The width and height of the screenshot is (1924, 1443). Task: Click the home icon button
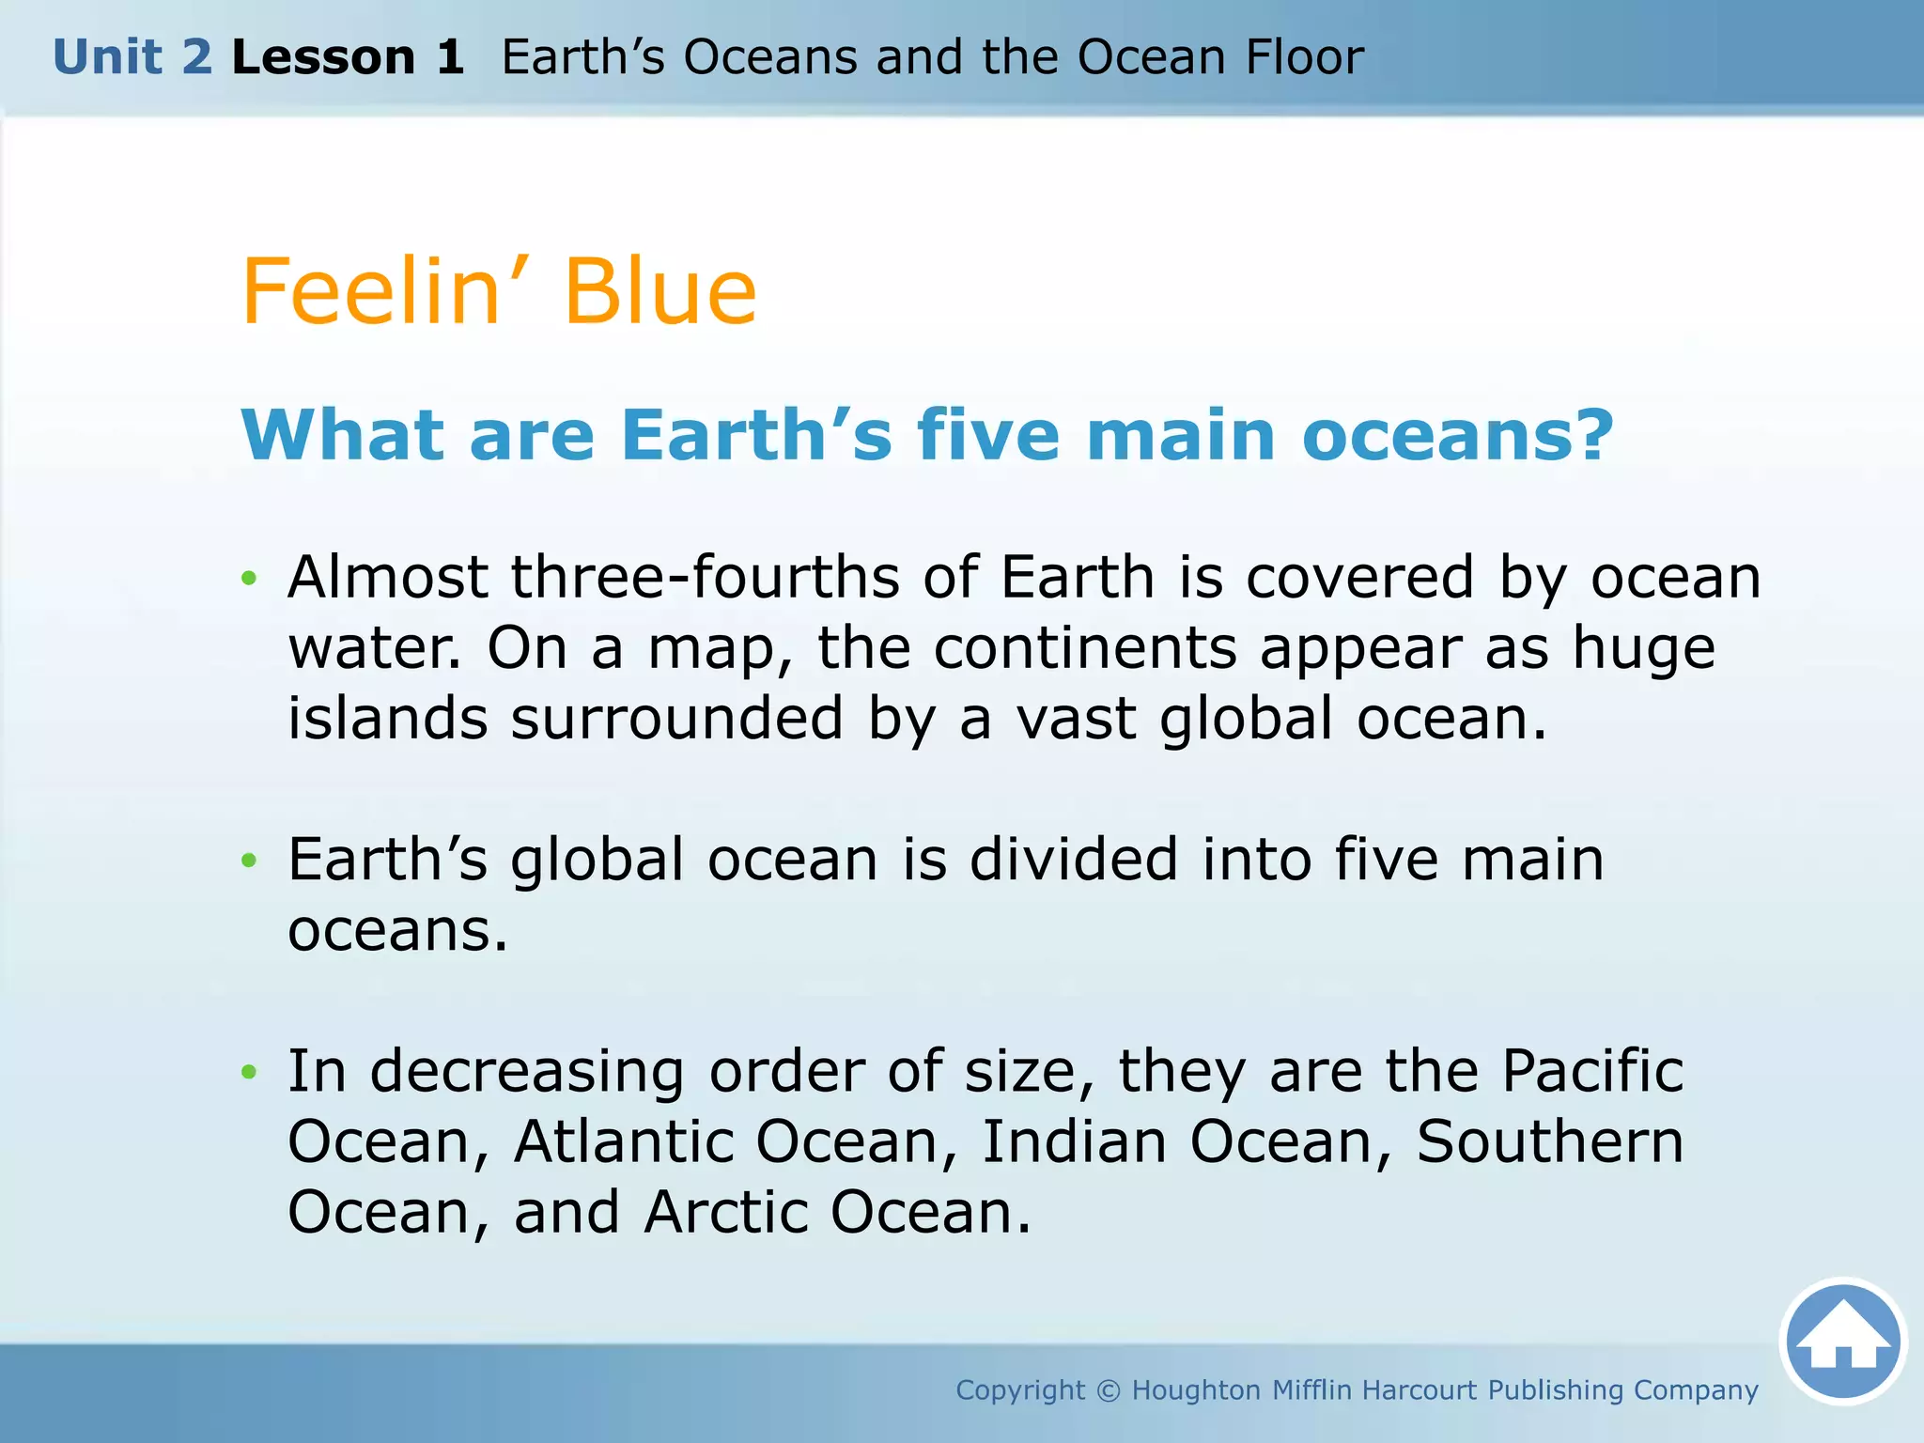(x=1843, y=1342)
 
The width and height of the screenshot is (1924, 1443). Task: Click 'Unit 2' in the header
(x=132, y=57)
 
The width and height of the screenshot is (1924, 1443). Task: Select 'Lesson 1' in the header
(x=348, y=57)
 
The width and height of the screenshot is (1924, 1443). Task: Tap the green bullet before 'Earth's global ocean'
(x=248, y=860)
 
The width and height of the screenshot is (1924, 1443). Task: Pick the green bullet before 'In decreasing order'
(x=248, y=1071)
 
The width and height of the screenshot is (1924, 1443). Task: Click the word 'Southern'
(x=1550, y=1141)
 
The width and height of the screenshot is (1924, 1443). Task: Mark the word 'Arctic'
(x=726, y=1212)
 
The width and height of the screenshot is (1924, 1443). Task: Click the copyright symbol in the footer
(x=1109, y=1390)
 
